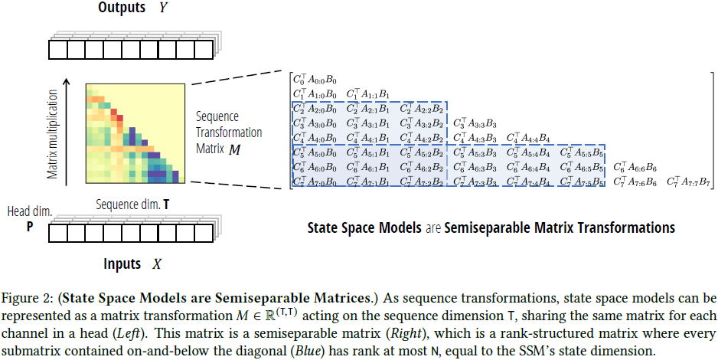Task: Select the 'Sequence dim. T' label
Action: pos(134,205)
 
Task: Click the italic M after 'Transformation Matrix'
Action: pos(233,146)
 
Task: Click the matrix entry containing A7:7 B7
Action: pos(690,182)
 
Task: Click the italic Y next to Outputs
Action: pos(164,9)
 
